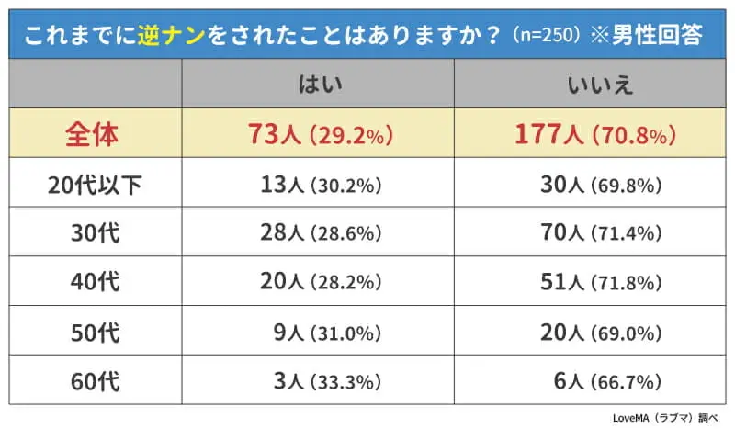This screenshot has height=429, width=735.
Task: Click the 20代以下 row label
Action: pyautogui.click(x=96, y=185)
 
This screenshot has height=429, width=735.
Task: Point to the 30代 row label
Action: pyautogui.click(x=96, y=233)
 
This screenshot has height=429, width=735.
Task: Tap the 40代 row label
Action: pyautogui.click(x=96, y=282)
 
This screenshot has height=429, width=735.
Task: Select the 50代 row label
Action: pyautogui.click(x=96, y=331)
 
